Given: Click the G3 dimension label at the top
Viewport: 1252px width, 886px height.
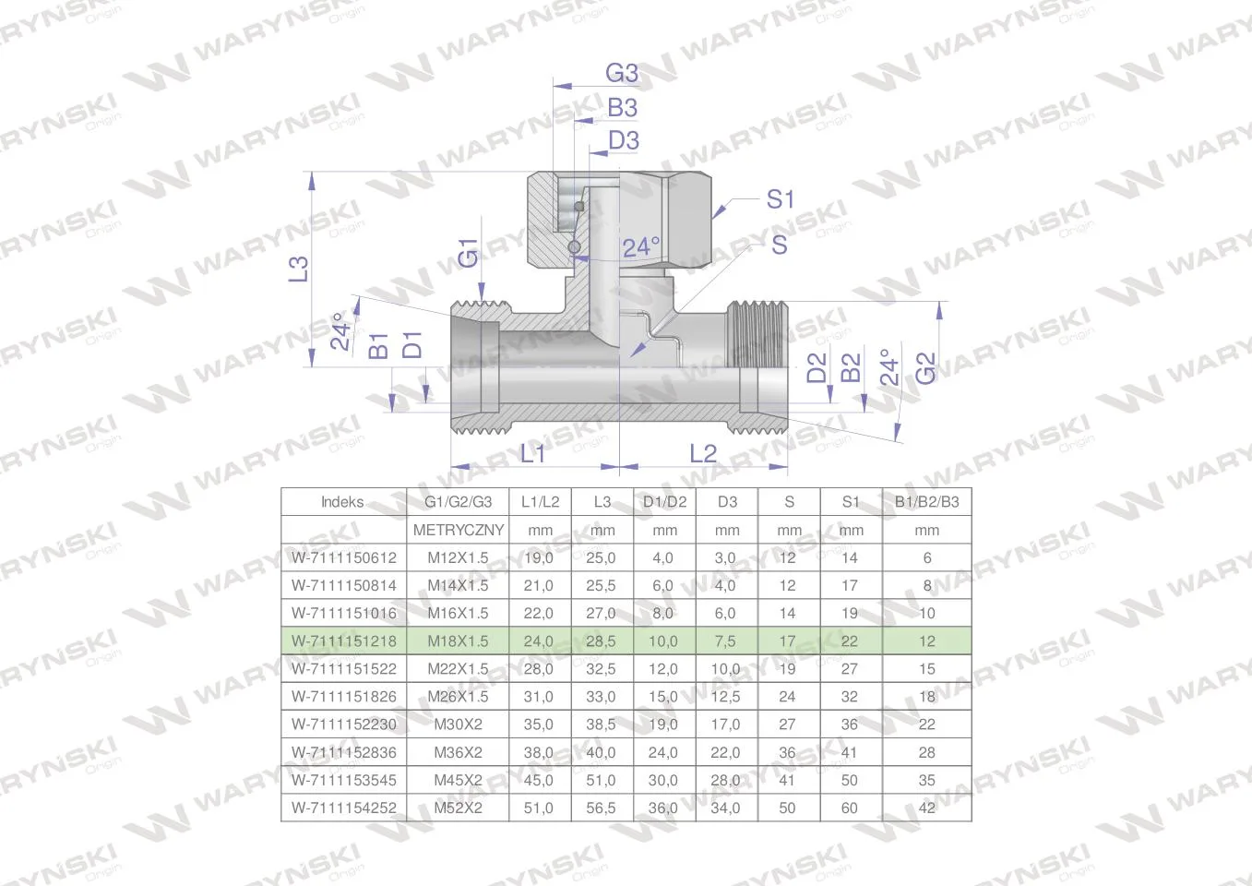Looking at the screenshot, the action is coord(622,73).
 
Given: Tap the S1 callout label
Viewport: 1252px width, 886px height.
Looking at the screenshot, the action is coord(780,199).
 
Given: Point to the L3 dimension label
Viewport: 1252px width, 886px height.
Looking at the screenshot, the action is coord(299,269).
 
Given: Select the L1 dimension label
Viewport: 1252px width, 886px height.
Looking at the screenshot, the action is coord(532,454).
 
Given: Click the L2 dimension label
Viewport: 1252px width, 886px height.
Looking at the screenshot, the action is coord(703,454).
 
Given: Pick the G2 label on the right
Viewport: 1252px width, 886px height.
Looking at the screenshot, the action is coord(925,368).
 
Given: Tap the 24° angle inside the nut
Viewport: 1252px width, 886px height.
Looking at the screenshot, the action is coord(641,247).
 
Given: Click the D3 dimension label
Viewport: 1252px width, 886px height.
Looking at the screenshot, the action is coord(623,140).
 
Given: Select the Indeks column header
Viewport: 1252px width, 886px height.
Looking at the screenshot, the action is coord(342,502).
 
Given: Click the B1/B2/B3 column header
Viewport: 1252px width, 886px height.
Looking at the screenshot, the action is coord(926,502).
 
